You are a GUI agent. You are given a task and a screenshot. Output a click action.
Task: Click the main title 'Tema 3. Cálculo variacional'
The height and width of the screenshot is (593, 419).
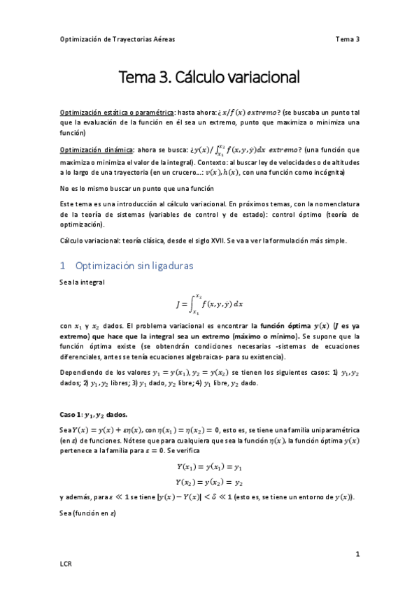tap(209, 76)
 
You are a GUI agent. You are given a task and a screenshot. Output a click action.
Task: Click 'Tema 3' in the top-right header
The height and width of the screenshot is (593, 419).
tap(347, 39)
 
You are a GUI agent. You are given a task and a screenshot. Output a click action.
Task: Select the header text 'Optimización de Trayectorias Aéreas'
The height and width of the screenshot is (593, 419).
tap(115, 39)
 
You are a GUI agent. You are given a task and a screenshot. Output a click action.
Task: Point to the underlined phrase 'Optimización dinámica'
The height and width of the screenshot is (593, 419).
tap(96, 150)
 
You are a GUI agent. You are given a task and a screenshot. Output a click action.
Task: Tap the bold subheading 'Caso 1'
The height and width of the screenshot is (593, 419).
tap(72, 415)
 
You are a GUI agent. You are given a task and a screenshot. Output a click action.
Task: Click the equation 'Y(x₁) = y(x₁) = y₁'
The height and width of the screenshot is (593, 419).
tap(209, 466)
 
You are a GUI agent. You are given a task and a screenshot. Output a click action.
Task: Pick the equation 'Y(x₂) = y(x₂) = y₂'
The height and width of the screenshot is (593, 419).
tap(209, 482)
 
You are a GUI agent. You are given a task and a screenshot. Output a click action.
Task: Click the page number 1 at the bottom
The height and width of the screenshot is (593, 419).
tap(357, 555)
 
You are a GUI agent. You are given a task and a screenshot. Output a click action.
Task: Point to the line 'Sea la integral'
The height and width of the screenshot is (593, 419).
tap(82, 282)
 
